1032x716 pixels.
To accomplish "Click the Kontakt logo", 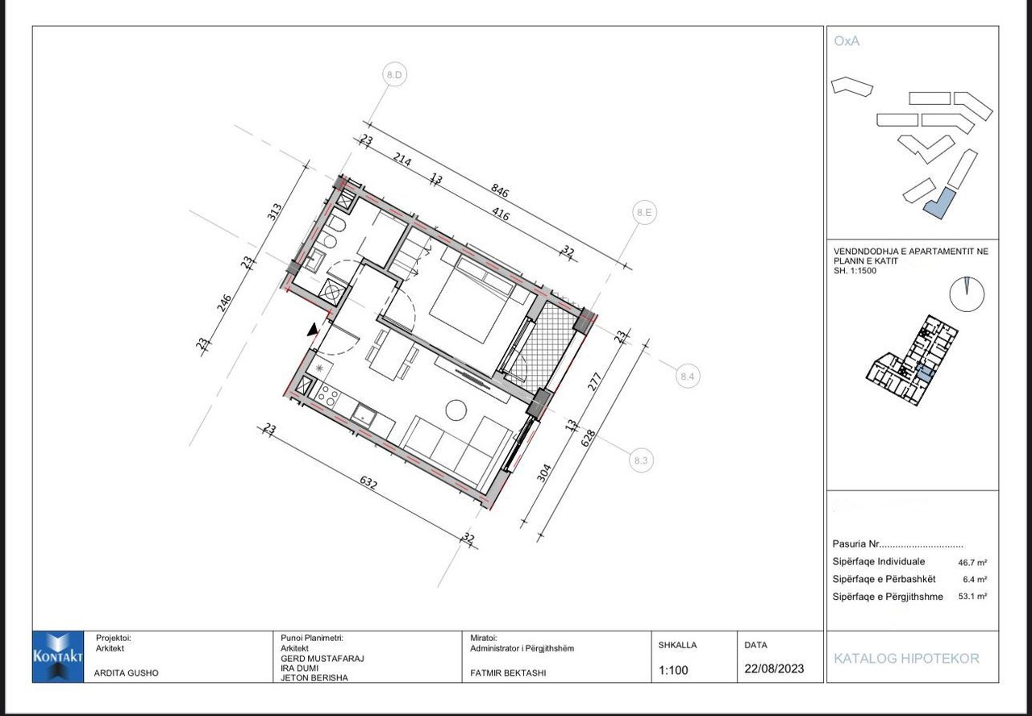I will tap(58, 656).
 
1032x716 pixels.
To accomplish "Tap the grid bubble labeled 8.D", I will tap(395, 76).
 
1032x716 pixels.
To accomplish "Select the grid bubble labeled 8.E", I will tap(643, 214).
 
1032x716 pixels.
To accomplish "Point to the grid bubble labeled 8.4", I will tap(687, 376).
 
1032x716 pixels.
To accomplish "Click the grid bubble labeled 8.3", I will tap(641, 461).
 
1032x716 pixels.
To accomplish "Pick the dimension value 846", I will tap(500, 192).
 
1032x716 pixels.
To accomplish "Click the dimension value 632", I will tap(368, 485).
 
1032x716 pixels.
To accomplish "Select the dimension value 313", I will tap(275, 211).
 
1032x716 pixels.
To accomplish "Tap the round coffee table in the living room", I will tap(456, 410).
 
